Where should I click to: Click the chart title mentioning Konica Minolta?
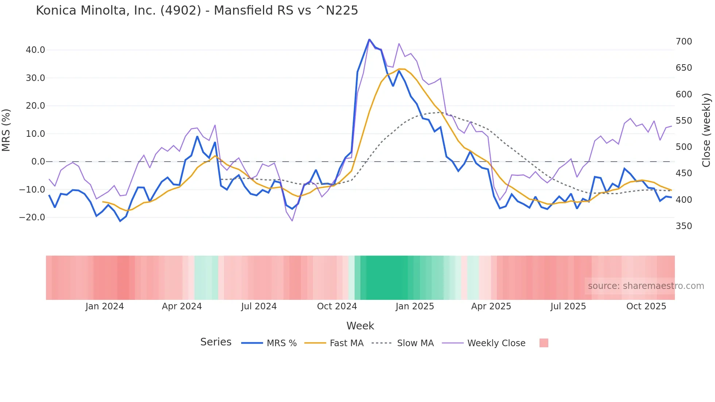pyautogui.click(x=197, y=11)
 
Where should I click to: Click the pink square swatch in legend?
pyautogui.click(x=544, y=343)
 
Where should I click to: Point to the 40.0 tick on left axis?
pyautogui.click(x=35, y=50)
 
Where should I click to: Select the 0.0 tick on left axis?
pyautogui.click(x=38, y=162)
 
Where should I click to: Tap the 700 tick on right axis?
pyautogui.click(x=684, y=42)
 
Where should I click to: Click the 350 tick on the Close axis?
pyautogui.click(x=684, y=226)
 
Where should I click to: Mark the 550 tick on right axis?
pyautogui.click(x=684, y=121)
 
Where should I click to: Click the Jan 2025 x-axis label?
pyautogui.click(x=415, y=306)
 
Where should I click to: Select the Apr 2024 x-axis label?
pyautogui.click(x=182, y=306)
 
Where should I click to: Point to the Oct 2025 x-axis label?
pyautogui.click(x=646, y=306)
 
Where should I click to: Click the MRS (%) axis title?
pyautogui.click(x=6, y=130)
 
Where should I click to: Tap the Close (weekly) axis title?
pyautogui.click(x=707, y=130)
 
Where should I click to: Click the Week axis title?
pyautogui.click(x=360, y=326)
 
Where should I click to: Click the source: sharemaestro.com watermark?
pyautogui.click(x=646, y=286)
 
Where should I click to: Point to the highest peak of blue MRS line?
pyautogui.click(x=369, y=39)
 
